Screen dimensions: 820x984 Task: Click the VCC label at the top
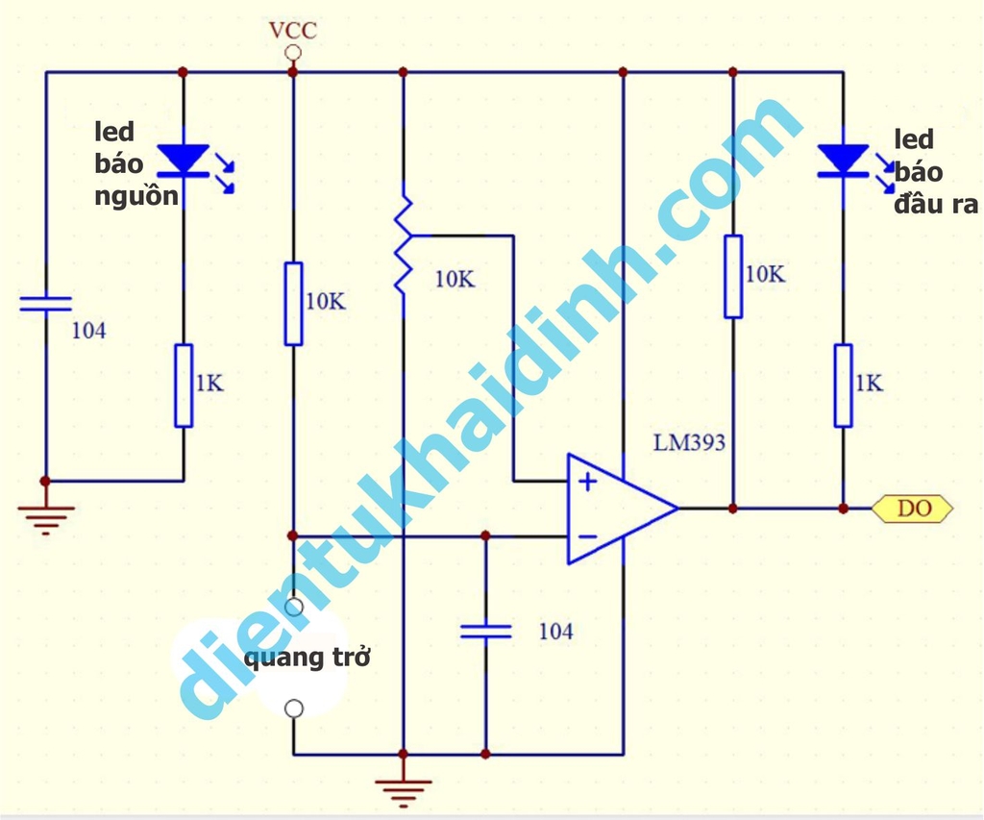click(293, 30)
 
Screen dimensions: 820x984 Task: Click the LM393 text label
click(689, 443)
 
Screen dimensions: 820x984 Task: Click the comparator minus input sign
click(587, 535)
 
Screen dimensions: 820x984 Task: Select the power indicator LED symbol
click(184, 160)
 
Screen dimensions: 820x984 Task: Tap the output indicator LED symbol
click(843, 161)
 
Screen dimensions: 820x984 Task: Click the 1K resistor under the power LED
click(184, 385)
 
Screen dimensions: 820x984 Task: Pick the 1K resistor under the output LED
click(843, 385)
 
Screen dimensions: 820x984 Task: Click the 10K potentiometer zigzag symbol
click(404, 245)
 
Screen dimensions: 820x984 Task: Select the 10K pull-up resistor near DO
click(733, 276)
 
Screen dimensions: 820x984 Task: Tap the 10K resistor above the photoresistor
click(294, 303)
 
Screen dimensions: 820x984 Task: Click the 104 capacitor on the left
click(46, 304)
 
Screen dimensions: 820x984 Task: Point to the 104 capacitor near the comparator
click(486, 631)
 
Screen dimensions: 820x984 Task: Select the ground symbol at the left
click(45, 516)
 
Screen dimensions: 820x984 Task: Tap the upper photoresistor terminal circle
click(294, 607)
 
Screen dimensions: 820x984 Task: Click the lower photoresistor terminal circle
click(294, 708)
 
